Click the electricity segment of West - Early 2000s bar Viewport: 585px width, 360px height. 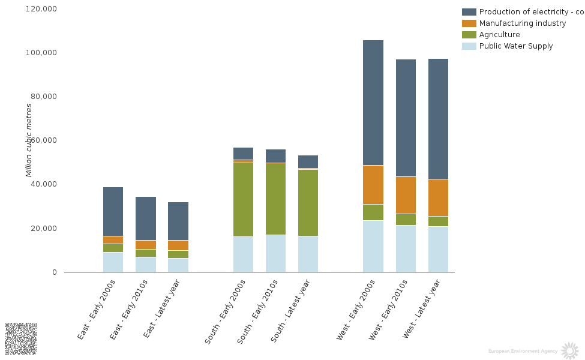tap(373, 103)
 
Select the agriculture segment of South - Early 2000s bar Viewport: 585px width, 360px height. tap(243, 199)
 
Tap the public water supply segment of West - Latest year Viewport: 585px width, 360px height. tap(438, 249)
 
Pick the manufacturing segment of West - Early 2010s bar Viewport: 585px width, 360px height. tap(406, 195)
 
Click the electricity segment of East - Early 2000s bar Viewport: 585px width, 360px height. tap(113, 211)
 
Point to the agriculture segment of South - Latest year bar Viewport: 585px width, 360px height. tap(308, 203)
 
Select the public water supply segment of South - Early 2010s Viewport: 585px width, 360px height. tap(275, 253)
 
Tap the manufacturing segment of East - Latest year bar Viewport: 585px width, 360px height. tap(178, 245)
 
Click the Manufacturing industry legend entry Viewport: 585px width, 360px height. tap(522, 23)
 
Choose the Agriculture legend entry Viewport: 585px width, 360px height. tap(499, 35)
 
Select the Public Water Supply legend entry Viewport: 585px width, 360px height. tap(515, 46)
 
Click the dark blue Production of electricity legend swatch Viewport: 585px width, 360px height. tap(469, 12)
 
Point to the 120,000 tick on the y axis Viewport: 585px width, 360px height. tap(41, 9)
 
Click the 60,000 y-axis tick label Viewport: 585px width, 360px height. tap(43, 140)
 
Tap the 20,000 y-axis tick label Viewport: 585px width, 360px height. tap(43, 229)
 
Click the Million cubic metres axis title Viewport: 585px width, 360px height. tap(29, 140)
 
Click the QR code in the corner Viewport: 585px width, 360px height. tap(20, 338)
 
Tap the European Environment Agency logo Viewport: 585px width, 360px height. tap(569, 350)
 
